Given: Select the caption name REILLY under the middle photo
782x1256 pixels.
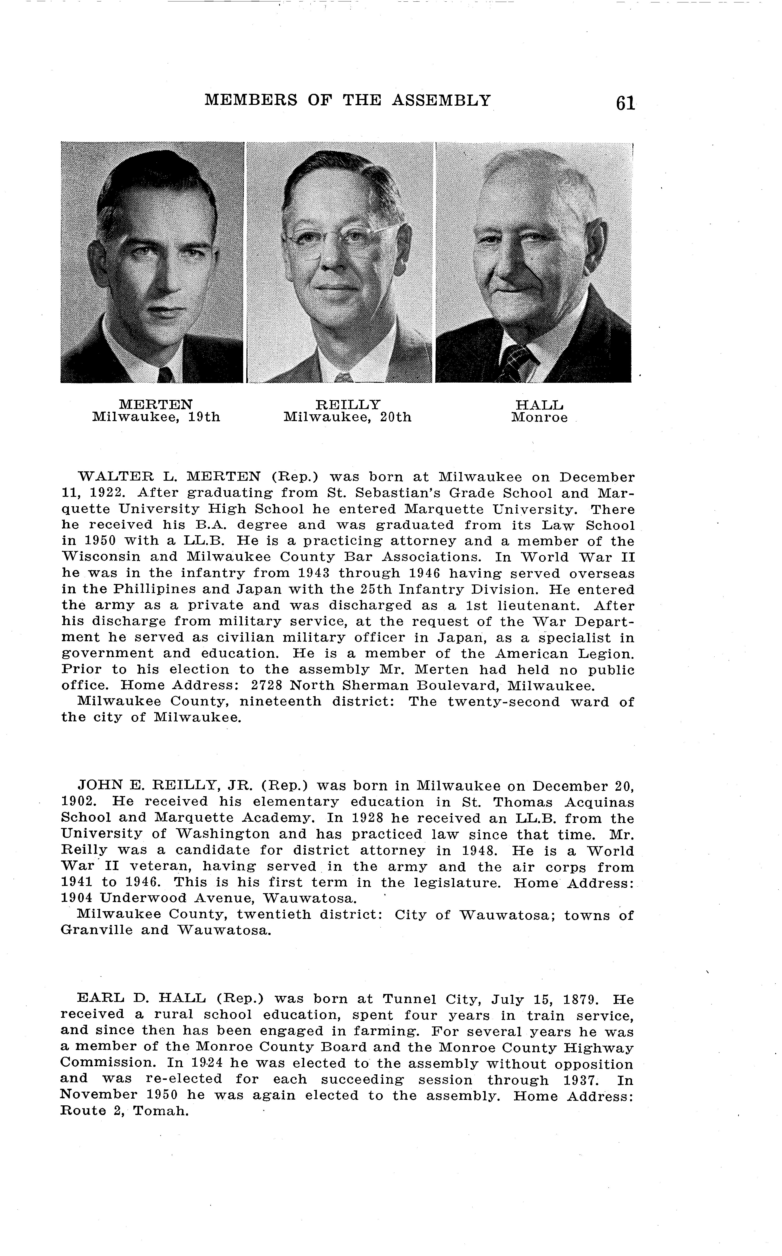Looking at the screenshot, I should [348, 404].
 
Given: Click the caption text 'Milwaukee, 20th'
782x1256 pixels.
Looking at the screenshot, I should [348, 417].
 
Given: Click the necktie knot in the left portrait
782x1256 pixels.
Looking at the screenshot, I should [165, 374].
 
